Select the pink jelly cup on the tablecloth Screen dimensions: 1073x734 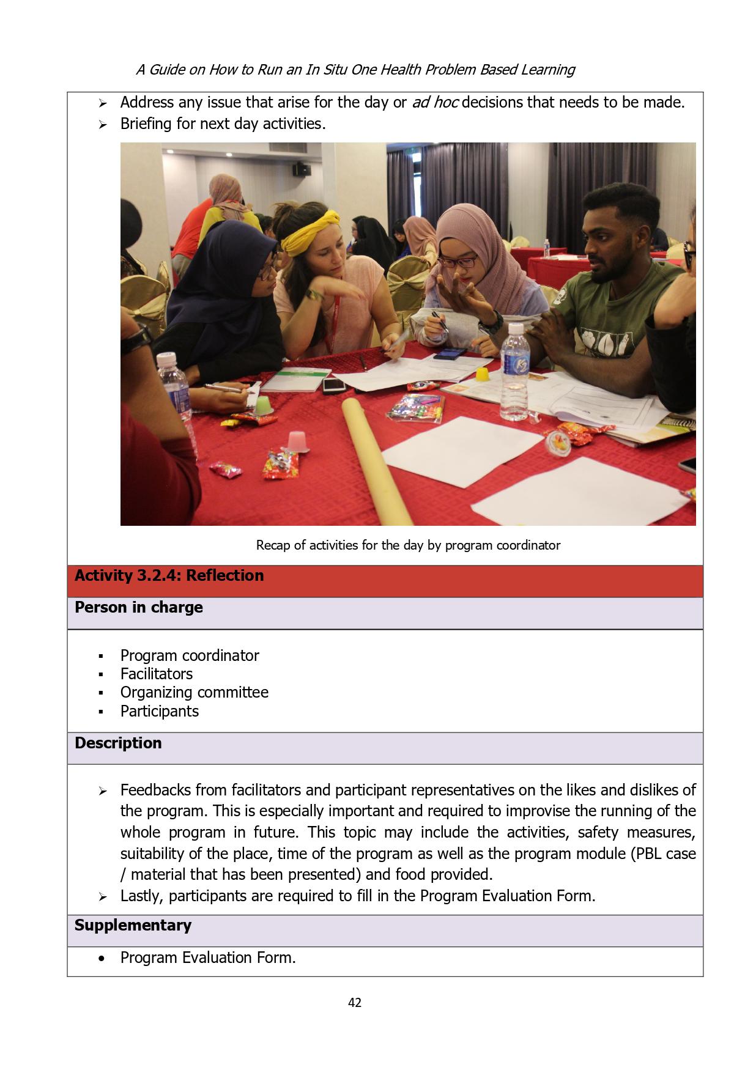click(x=297, y=440)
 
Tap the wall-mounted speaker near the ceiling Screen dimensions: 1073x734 click(x=302, y=169)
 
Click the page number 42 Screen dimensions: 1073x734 click(x=354, y=1002)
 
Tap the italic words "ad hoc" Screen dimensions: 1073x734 click(x=436, y=102)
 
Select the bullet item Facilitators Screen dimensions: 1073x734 click(x=156, y=674)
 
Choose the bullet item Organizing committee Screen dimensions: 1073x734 click(x=194, y=692)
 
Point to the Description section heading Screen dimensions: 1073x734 click(x=118, y=743)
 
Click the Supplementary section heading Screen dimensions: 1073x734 click(x=133, y=925)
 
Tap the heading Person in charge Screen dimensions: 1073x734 click(x=138, y=607)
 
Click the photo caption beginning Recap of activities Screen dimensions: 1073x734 click(x=408, y=545)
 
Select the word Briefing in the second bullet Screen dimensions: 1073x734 click(x=146, y=124)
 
